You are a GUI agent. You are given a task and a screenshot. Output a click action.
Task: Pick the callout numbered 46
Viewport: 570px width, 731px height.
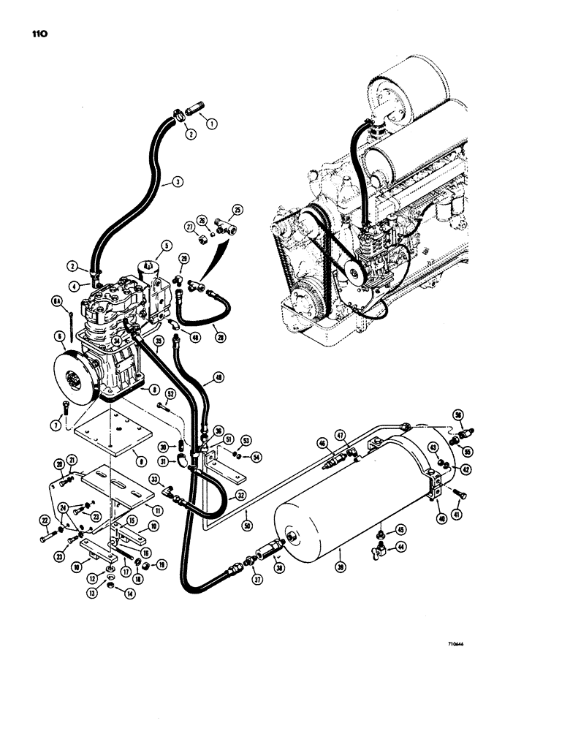coord(322,442)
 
